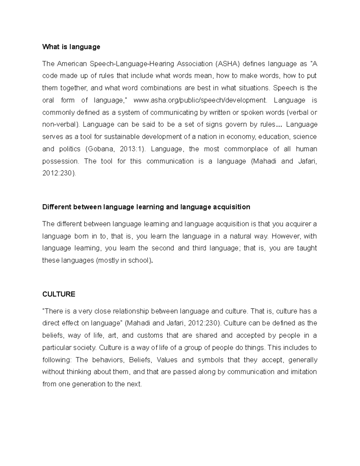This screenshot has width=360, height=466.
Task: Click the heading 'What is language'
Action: (x=71, y=47)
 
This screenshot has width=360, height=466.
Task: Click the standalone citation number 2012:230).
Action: (x=59, y=173)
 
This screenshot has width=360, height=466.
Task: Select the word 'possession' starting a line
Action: (x=60, y=161)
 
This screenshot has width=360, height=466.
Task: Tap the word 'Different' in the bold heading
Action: (x=56, y=207)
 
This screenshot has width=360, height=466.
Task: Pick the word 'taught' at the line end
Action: (x=307, y=248)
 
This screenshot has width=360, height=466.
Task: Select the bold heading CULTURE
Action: (x=59, y=294)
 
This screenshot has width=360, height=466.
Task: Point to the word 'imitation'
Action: (x=304, y=372)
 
